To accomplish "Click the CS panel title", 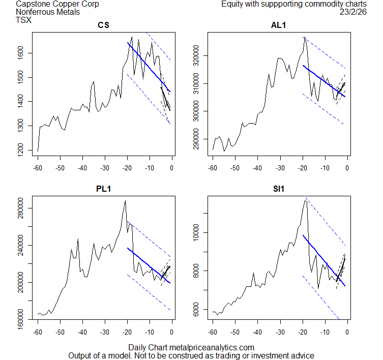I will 104,25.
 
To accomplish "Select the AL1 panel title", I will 279,25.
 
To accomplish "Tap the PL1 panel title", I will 104,189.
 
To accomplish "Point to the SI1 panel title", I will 279,189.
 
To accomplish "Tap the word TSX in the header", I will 23,20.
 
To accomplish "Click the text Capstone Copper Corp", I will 57,4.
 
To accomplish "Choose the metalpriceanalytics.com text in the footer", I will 214,347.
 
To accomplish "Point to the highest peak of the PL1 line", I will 125,201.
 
